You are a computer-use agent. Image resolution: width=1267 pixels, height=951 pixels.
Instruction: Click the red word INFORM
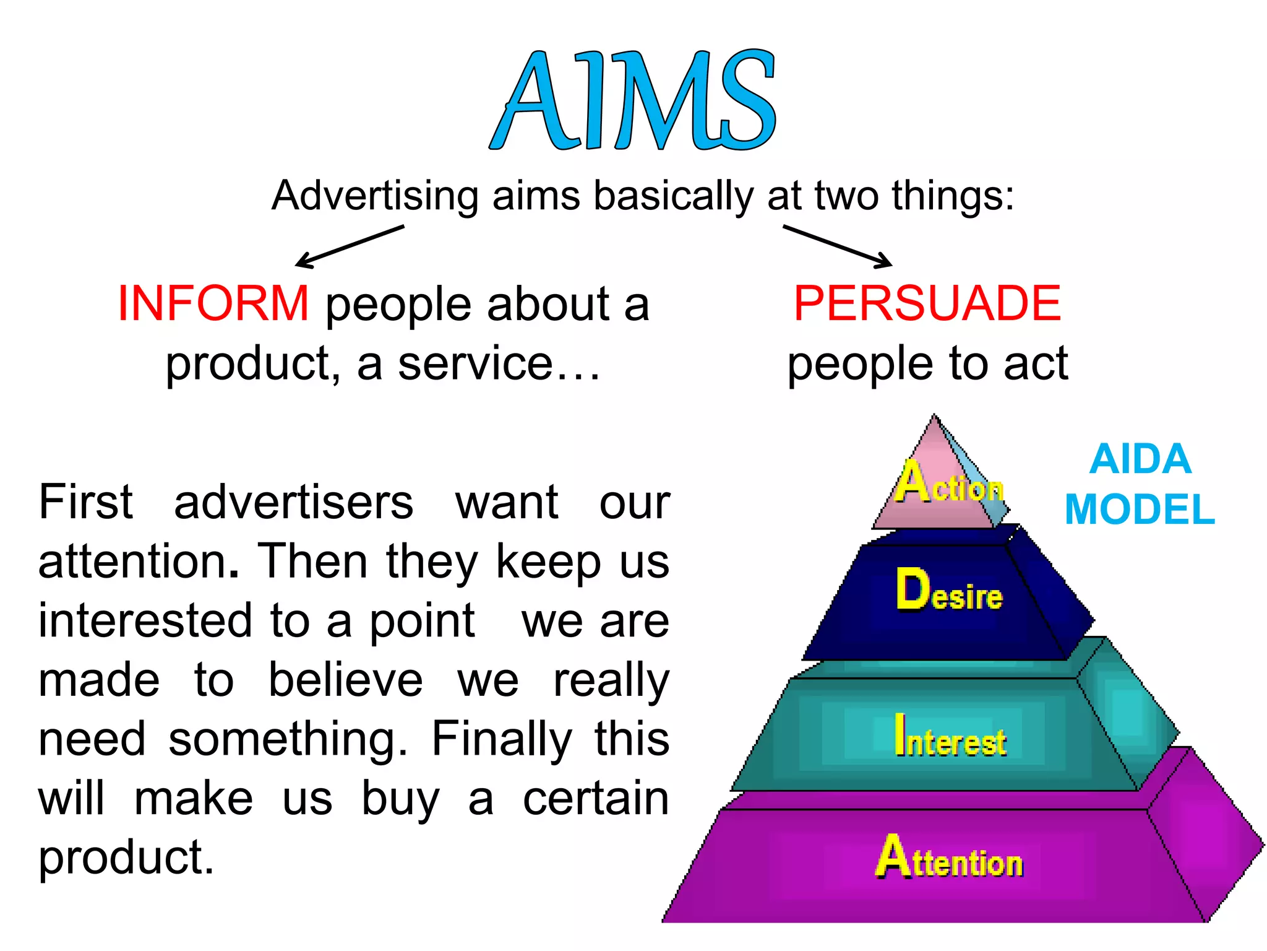click(213, 303)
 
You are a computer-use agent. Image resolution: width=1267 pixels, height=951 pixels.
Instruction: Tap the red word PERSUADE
click(927, 303)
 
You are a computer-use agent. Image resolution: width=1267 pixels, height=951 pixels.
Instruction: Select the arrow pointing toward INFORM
click(350, 246)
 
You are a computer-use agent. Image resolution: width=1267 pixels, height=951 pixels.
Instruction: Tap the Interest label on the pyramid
click(950, 737)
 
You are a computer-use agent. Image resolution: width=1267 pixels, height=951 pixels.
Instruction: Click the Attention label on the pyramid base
click(950, 859)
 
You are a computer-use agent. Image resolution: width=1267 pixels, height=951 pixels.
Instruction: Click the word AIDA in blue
click(1140, 459)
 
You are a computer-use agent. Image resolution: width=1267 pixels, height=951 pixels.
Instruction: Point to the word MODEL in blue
click(1140, 510)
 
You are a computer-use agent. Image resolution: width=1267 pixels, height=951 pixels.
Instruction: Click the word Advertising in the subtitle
click(375, 196)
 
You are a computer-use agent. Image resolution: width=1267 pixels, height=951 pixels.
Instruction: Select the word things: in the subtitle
click(953, 196)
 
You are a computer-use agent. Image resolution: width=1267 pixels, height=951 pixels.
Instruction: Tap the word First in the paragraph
click(85, 502)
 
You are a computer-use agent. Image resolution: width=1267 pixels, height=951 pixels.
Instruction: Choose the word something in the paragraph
click(288, 739)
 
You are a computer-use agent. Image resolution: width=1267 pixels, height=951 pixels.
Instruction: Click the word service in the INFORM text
click(475, 364)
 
